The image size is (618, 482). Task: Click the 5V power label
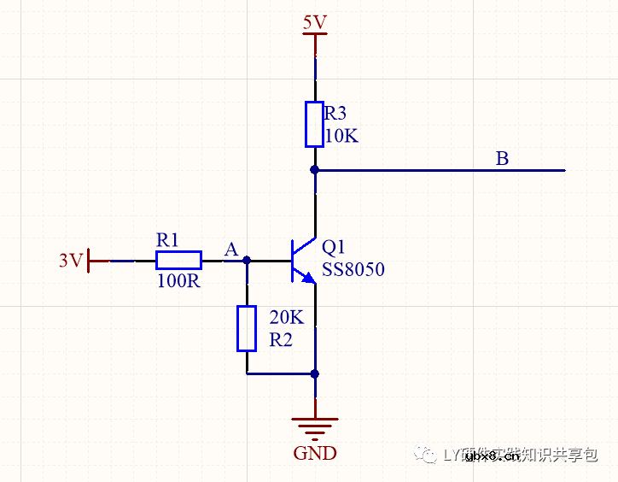coord(315,22)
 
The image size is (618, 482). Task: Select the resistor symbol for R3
coord(315,125)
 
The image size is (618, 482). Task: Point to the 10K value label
coord(341,136)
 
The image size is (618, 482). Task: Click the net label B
coord(502,159)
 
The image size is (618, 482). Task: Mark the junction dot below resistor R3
coord(315,170)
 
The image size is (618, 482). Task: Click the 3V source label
coord(71,260)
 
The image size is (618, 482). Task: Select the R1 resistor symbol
coord(178,260)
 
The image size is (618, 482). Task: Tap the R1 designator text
coord(168,240)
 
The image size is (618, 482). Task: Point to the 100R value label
coord(178,280)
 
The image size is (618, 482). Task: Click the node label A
coord(230,250)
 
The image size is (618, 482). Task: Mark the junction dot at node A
coord(247,260)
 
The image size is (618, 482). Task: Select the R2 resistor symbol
coord(247,328)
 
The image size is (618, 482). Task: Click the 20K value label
coord(286,318)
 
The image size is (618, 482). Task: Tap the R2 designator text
coord(281,339)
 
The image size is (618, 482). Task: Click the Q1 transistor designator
coord(334,248)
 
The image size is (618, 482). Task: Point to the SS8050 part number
coord(353,270)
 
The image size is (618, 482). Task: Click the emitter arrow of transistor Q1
coord(308,278)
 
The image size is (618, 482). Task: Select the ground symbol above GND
coord(315,425)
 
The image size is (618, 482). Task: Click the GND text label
coord(315,453)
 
